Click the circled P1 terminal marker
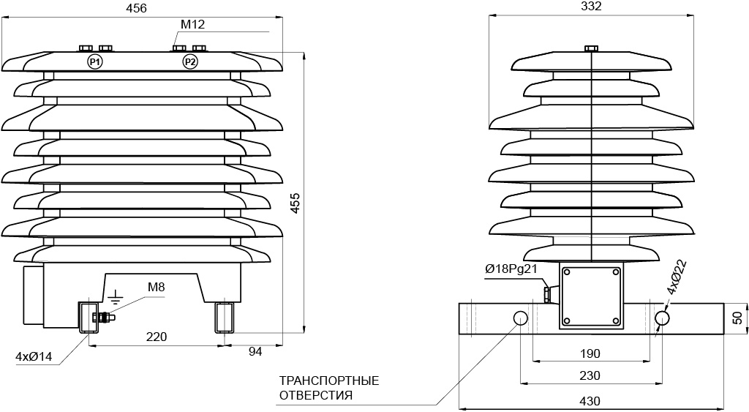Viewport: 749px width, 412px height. click(95, 61)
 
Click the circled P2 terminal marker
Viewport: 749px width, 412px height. click(190, 61)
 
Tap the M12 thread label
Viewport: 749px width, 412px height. click(192, 24)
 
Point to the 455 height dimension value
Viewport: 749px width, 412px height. click(295, 203)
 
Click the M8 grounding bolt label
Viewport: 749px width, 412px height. click(157, 288)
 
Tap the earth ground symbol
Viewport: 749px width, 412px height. click(115, 297)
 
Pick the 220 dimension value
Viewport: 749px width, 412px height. click(157, 337)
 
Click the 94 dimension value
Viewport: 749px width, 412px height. click(255, 352)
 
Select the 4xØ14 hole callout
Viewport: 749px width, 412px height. click(34, 356)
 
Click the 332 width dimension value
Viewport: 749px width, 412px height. click(591, 6)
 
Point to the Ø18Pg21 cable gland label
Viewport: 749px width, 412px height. click(511, 269)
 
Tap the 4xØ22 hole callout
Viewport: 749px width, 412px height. click(677, 277)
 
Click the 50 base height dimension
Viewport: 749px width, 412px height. click(738, 318)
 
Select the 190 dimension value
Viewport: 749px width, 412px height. click(590, 353)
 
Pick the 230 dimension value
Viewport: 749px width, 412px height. click(590, 375)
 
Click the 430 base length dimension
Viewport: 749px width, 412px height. click(590, 400)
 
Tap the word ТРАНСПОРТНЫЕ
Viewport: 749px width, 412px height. click(329, 381)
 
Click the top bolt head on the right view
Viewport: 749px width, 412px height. click(591, 48)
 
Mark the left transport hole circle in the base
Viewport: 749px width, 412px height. click(520, 318)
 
